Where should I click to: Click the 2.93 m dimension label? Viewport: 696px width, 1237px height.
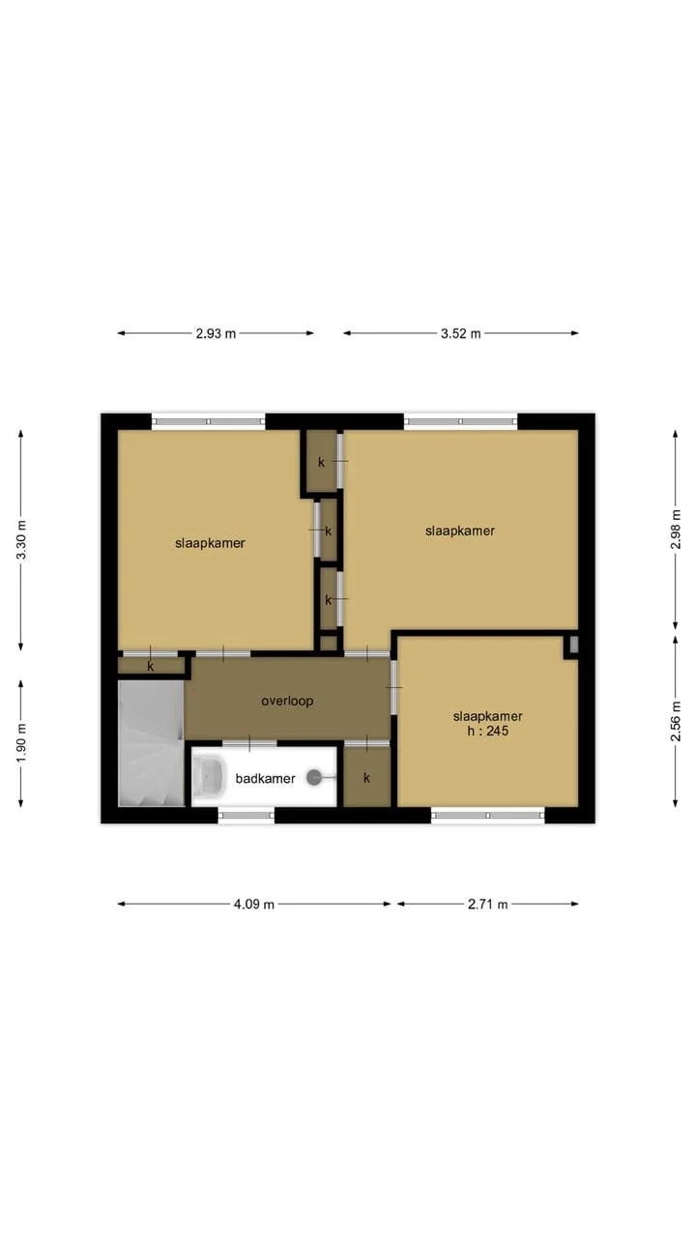coord(216,333)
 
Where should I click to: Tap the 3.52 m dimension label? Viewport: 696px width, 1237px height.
coord(461,333)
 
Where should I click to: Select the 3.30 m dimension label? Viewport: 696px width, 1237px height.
coord(21,539)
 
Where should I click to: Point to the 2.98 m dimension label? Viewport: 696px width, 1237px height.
coord(675,529)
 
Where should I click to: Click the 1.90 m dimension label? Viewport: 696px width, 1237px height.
coord(21,742)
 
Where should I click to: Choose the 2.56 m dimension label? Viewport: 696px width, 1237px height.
coord(675,721)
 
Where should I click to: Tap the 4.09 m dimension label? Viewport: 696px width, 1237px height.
coord(254,905)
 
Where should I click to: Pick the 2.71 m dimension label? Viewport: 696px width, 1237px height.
coord(488,905)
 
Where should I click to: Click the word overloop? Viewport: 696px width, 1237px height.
coord(287,701)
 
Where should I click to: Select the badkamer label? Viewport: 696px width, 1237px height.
coord(265,779)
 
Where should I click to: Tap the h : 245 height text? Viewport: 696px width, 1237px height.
coord(488,732)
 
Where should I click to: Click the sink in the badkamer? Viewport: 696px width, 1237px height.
coord(209,778)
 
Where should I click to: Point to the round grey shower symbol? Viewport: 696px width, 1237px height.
coord(314,778)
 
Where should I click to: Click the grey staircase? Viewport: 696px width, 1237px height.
coord(151,743)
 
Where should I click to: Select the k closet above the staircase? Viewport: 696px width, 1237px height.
coord(151,666)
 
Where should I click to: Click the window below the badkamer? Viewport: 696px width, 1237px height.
coord(246,815)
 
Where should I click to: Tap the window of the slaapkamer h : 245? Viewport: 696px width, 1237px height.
coord(488,815)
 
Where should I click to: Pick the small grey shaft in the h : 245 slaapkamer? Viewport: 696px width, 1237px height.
coord(573,645)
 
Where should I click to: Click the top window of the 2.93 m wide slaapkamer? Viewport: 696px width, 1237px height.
coord(208,421)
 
